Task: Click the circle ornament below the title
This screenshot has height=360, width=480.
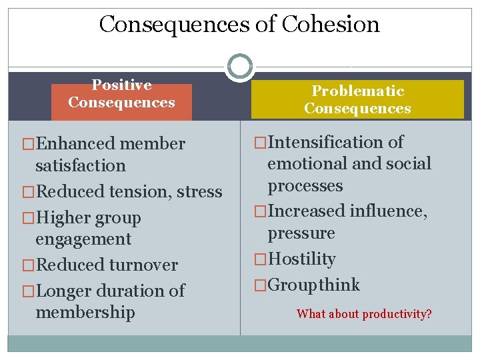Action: tap(239, 67)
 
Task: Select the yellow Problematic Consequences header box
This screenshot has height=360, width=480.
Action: tap(357, 99)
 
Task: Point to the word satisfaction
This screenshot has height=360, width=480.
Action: tap(81, 165)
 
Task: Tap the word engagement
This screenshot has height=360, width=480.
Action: tap(83, 239)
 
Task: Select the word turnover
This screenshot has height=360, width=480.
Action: tap(142, 265)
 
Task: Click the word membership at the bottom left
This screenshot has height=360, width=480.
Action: tap(85, 312)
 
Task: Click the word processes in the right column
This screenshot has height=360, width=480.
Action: tap(305, 186)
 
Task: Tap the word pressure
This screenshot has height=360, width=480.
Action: tap(301, 233)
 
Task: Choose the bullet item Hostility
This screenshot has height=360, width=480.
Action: tap(301, 259)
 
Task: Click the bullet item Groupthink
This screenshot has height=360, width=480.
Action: tap(313, 285)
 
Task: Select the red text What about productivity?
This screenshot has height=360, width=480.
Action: tap(364, 313)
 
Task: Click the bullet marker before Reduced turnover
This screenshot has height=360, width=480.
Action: tap(27, 265)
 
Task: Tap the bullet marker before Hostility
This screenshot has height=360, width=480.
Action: tap(259, 259)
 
